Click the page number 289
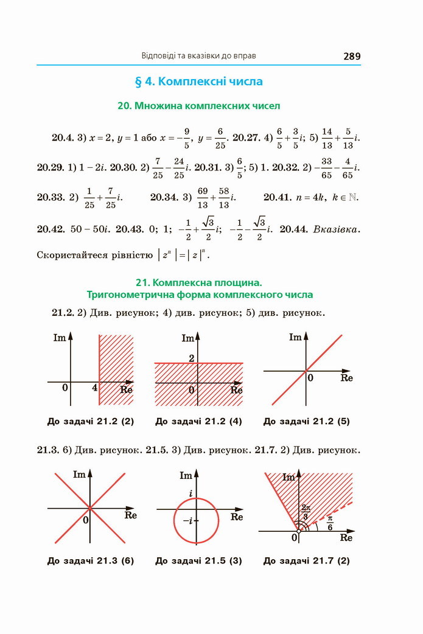coord(352,56)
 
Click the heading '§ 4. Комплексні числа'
coord(198,81)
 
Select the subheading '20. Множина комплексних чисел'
coord(198,106)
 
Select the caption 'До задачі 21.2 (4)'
coord(198,421)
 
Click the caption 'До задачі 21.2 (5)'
coord(307,421)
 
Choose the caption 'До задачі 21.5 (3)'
coord(198,560)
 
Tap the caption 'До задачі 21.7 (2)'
coord(307,560)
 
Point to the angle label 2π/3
coord(306,511)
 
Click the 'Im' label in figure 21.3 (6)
coord(79,474)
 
